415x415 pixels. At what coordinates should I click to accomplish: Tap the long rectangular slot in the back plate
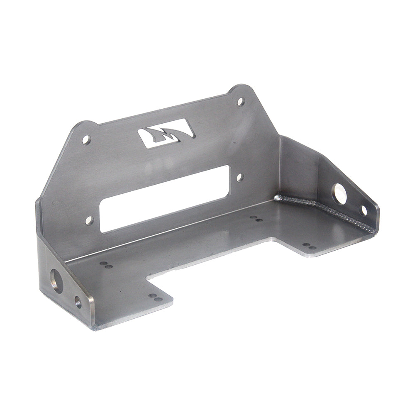pyautogui.click(x=165, y=198)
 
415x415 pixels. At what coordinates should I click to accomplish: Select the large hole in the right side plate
pyautogui.click(x=339, y=194)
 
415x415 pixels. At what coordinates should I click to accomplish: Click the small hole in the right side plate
pyautogui.click(x=364, y=210)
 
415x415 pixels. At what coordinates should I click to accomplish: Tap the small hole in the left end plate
pyautogui.click(x=78, y=302)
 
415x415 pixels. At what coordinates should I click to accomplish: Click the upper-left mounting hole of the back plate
pyautogui.click(x=86, y=139)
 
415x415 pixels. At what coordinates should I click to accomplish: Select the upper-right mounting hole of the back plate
pyautogui.click(x=241, y=101)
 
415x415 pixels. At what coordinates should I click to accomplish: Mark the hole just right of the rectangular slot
pyautogui.click(x=240, y=177)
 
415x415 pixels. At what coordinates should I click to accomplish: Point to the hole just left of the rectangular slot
pyautogui.click(x=90, y=220)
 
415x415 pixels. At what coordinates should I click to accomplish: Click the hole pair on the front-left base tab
pyautogui.click(x=155, y=298)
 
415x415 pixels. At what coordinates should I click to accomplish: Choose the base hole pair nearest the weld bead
pyautogui.click(x=309, y=247)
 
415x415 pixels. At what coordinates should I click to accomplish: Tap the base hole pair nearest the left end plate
pyautogui.click(x=106, y=265)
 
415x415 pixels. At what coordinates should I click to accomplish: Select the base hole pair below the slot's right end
pyautogui.click(x=256, y=218)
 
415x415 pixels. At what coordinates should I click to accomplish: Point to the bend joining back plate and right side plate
pyautogui.click(x=279, y=166)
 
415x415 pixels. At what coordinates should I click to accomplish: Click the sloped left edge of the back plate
pyautogui.click(x=56, y=166)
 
